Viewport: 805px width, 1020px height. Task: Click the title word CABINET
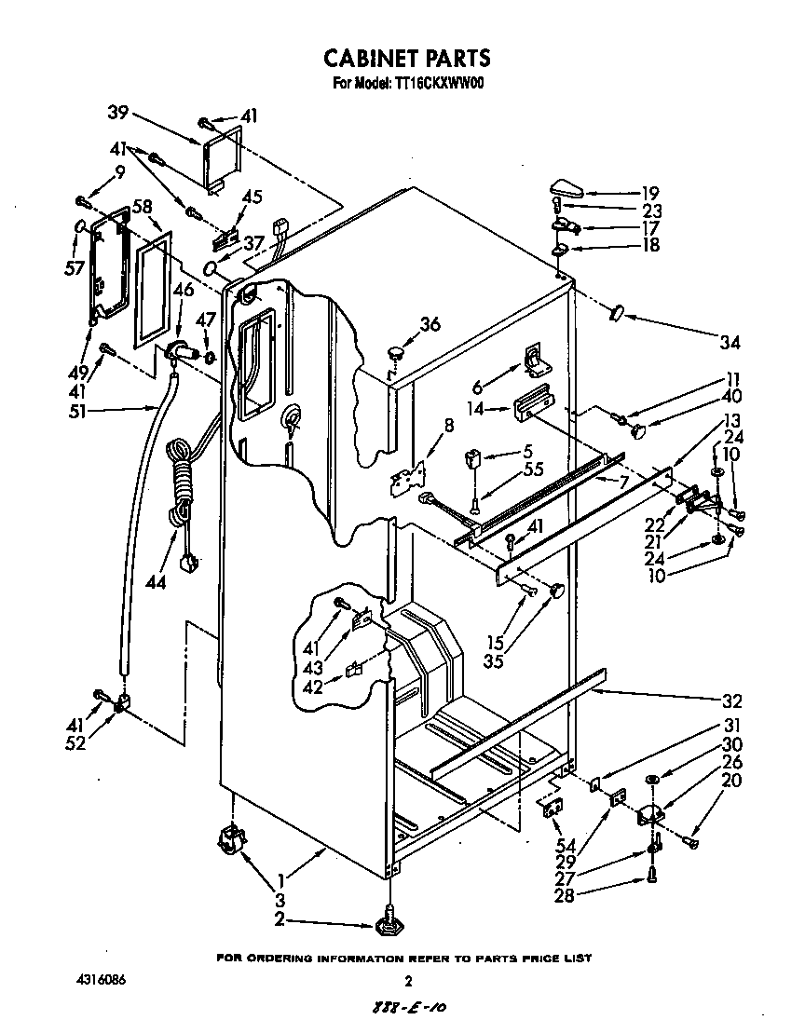coord(367,58)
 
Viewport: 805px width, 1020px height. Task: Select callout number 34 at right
coord(730,343)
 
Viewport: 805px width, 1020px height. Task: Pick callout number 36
coord(430,324)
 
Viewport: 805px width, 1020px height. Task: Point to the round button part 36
coord(398,352)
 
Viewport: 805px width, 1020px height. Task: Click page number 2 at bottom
coord(407,981)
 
